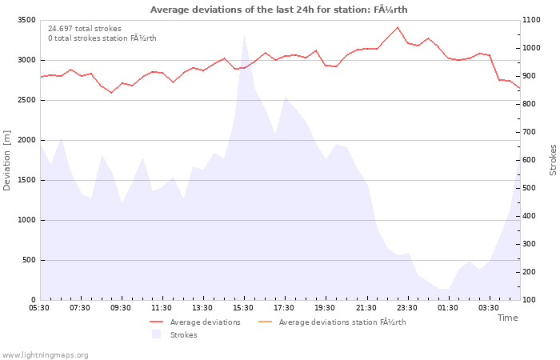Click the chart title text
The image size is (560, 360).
(279, 10)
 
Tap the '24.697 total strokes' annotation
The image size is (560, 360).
(85, 29)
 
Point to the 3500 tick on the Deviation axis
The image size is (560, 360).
(26, 20)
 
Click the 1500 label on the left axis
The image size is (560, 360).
(26, 180)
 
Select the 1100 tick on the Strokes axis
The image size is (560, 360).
(531, 20)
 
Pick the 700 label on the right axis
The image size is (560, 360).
(530, 132)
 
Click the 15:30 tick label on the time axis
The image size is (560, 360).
(243, 308)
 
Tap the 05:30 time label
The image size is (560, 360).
(39, 308)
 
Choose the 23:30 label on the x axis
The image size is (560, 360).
(406, 308)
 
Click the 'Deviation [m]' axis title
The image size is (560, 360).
(6, 160)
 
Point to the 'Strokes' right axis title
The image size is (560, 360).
(553, 160)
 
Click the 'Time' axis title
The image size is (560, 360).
(507, 318)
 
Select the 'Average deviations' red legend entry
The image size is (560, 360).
(195, 322)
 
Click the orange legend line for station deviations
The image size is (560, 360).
(265, 322)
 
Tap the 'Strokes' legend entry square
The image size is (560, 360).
(156, 334)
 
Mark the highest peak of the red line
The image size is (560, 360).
(398, 27)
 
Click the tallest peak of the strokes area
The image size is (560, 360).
(244, 35)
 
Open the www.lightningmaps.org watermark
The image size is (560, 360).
(45, 355)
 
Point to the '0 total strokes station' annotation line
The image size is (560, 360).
(102, 38)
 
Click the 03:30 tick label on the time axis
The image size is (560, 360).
(489, 308)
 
